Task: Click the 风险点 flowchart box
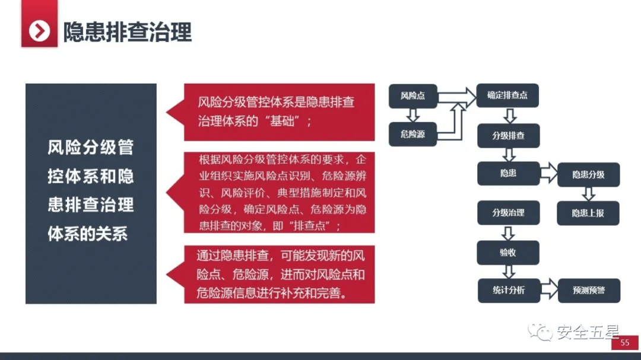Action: click(413, 96)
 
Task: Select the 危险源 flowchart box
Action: click(413, 134)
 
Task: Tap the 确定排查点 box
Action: click(507, 95)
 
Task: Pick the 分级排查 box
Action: click(508, 136)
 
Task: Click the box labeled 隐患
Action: click(508, 174)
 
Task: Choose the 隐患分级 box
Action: click(588, 175)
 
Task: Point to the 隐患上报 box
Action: click(588, 213)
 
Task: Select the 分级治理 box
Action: click(508, 212)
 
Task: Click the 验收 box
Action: click(507, 253)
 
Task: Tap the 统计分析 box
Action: click(509, 291)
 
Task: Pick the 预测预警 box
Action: click(589, 291)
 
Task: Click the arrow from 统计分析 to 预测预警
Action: click(549, 289)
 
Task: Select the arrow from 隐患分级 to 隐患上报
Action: click(588, 194)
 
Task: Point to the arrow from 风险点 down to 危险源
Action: click(413, 115)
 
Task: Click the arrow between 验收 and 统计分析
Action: click(508, 272)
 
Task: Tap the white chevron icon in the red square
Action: click(39, 31)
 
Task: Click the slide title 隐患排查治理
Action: click(127, 32)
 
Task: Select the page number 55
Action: click(624, 343)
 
